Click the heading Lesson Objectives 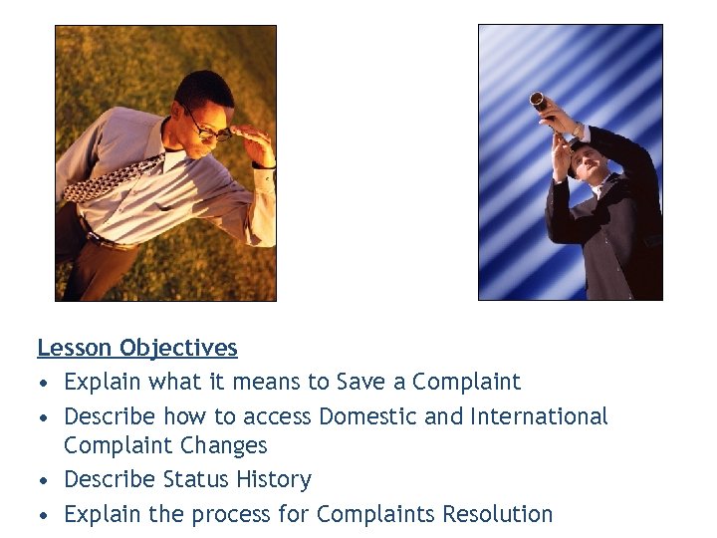(137, 348)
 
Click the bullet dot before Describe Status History (44, 480)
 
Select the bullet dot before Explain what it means (44, 383)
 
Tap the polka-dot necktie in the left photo (119, 180)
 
